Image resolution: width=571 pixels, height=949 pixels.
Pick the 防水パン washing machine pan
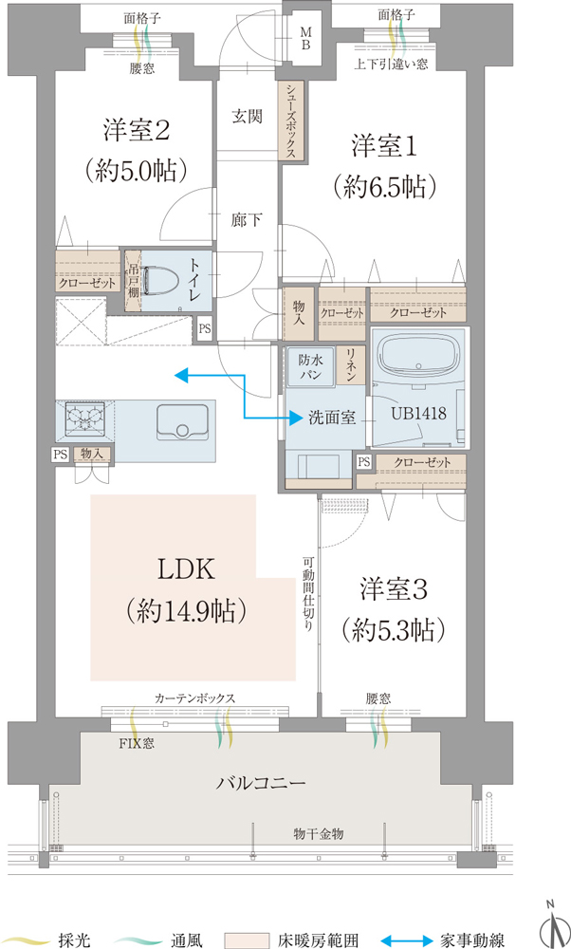[309, 367]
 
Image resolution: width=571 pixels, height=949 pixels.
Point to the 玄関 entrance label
[247, 117]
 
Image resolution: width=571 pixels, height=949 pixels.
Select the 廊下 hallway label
[247, 220]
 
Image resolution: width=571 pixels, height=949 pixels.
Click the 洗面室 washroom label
[332, 417]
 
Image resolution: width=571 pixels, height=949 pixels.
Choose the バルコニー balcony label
[260, 783]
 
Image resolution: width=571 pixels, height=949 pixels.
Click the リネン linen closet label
[350, 364]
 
